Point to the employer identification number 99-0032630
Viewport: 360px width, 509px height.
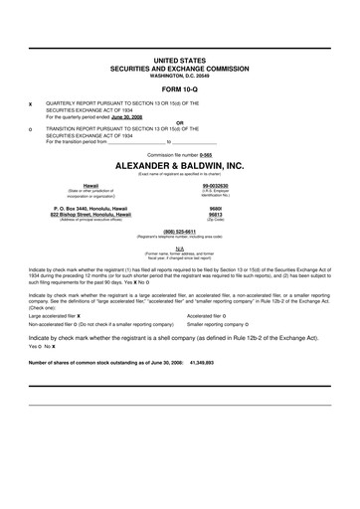click(x=245, y=185)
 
